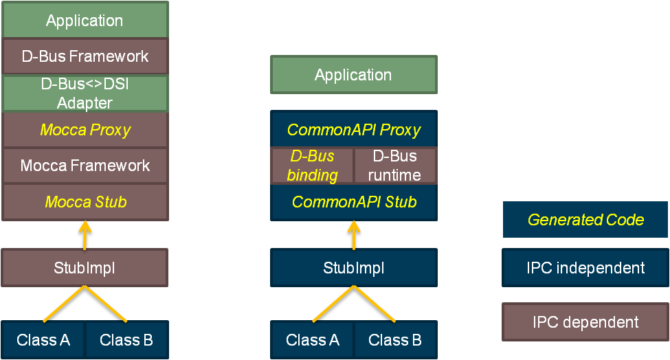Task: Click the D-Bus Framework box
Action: click(x=85, y=56)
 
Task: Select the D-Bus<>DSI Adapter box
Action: click(x=85, y=93)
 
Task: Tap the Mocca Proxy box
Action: click(x=85, y=130)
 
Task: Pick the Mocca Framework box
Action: click(x=85, y=166)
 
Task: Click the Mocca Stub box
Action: click(x=85, y=202)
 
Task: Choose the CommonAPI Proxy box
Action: click(x=354, y=129)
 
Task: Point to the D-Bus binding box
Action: click(x=313, y=166)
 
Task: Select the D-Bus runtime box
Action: click(x=395, y=166)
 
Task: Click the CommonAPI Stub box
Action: click(x=354, y=202)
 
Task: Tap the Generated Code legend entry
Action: click(x=585, y=219)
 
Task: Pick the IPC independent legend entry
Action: click(x=585, y=268)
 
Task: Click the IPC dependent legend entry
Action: click(x=585, y=322)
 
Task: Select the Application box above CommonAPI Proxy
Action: click(x=354, y=75)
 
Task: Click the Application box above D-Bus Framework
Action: click(x=85, y=20)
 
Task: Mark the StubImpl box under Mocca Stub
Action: click(x=85, y=268)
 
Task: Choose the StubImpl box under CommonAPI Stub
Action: click(x=354, y=268)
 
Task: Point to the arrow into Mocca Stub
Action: click(x=85, y=235)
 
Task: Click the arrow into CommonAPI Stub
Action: click(x=354, y=235)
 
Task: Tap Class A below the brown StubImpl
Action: click(x=43, y=340)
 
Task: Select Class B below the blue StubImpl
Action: click(x=395, y=340)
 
